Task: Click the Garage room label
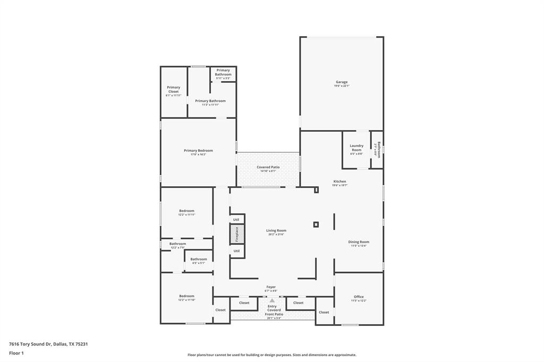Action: [x=342, y=82]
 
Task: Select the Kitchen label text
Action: [x=339, y=182]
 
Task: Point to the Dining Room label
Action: [x=359, y=242]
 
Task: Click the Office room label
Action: [x=359, y=297]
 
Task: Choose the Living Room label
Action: [x=276, y=231]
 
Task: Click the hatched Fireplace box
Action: [x=237, y=234]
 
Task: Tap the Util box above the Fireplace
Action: [x=236, y=219]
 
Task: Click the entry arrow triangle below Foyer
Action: [x=272, y=300]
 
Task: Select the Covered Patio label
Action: [x=268, y=167]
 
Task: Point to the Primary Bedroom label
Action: [x=198, y=151]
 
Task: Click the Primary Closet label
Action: [x=174, y=90]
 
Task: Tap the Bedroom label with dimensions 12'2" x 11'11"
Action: [x=186, y=211]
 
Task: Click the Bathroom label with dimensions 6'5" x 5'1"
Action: [x=199, y=260]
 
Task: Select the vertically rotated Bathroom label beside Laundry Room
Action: [x=378, y=149]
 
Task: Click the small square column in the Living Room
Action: [x=316, y=225]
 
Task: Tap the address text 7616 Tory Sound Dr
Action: [x=30, y=344]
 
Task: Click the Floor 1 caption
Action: [x=17, y=353]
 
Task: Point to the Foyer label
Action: [x=271, y=287]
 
